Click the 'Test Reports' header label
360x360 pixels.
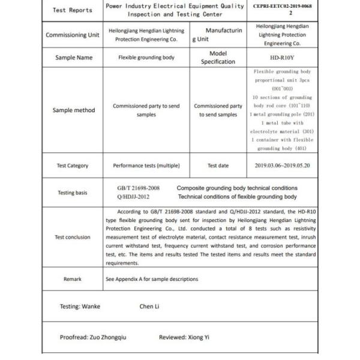click(73, 10)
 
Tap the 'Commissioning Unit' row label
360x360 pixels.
click(73, 35)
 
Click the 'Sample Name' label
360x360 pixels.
click(73, 58)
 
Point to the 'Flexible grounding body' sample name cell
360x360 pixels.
click(146, 58)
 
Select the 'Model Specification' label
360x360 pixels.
click(218, 58)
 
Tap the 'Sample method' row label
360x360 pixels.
click(73, 110)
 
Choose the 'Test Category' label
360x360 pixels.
click(73, 166)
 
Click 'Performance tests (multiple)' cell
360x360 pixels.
click(146, 166)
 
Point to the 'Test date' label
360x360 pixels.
click(218, 166)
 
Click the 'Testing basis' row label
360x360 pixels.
click(73, 193)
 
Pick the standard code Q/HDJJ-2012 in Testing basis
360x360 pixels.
click(133, 197)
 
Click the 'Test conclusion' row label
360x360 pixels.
click(73, 237)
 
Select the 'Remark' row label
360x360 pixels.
click(73, 279)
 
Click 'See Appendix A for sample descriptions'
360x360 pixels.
click(152, 279)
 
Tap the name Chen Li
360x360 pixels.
click(149, 307)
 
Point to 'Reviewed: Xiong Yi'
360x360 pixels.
click(184, 337)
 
